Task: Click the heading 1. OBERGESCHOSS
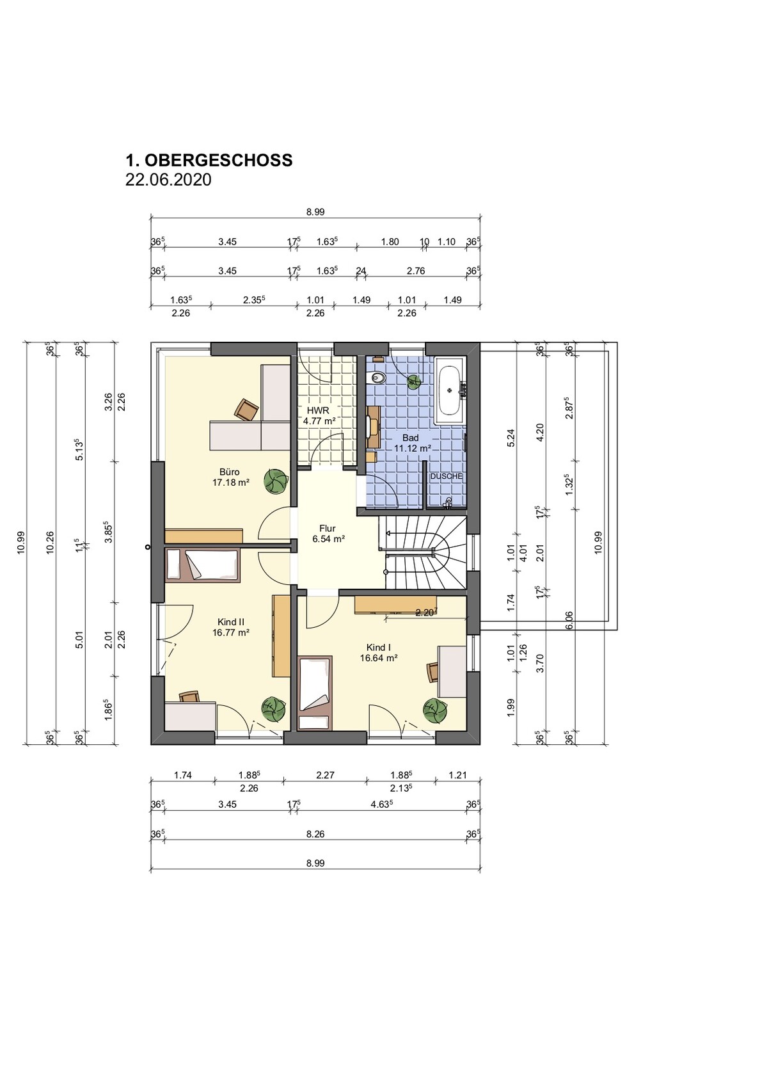coord(209,160)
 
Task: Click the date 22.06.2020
coord(168,180)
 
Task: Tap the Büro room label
coord(230,472)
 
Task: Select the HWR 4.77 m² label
coord(319,415)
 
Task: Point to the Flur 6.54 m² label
coord(328,534)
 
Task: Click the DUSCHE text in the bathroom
coord(446,476)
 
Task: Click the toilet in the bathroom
coord(377,378)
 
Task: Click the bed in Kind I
coord(315,692)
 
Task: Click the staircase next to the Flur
coord(425,553)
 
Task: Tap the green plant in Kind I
coord(435,710)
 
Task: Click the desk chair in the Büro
coord(246,410)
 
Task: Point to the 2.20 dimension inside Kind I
coord(425,612)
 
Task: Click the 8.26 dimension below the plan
coord(315,834)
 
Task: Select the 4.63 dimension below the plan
coord(381,804)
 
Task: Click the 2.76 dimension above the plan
coord(416,271)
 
